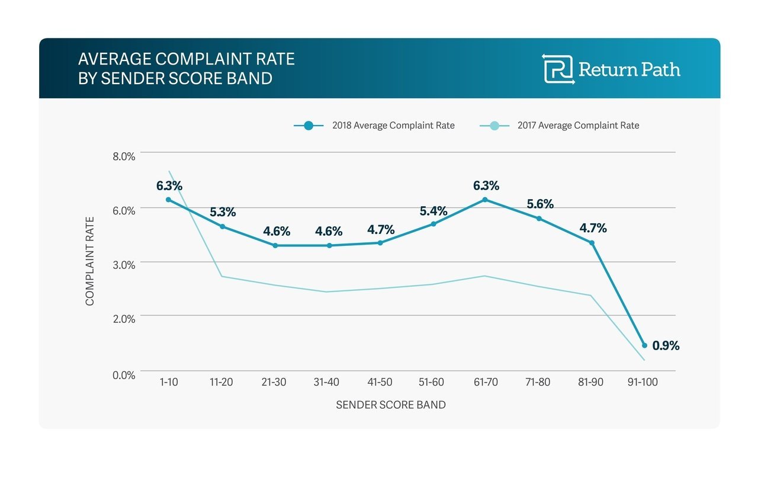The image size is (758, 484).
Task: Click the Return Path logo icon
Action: (558, 69)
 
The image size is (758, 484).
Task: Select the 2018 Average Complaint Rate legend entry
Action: (374, 126)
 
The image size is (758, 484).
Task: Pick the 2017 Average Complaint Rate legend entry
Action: (559, 126)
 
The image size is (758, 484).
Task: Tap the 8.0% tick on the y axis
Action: (124, 156)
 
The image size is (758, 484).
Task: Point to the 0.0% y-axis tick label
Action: (124, 375)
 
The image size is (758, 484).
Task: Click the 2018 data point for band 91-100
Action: (644, 345)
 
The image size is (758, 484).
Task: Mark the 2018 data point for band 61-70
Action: (485, 200)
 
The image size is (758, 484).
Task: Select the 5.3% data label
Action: (223, 211)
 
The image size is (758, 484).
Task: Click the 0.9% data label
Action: (666, 345)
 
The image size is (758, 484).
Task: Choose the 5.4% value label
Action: (433, 211)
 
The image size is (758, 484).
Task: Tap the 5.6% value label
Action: (540, 204)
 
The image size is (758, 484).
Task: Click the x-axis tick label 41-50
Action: (379, 383)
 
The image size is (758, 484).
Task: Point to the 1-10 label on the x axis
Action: (168, 383)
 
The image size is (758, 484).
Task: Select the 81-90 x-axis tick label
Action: (590, 383)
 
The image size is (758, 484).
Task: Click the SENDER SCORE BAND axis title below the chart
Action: (390, 405)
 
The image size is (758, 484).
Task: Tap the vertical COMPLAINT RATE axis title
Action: (90, 261)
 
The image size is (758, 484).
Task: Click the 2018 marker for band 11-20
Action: (222, 226)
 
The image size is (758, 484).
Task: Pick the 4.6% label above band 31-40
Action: (329, 231)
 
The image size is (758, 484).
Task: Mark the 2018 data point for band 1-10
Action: (168, 200)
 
